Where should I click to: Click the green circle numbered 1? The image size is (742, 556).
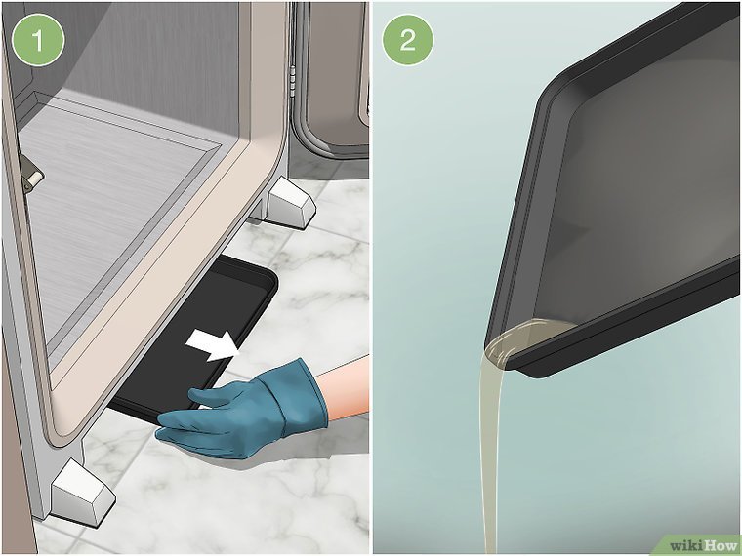[37, 40]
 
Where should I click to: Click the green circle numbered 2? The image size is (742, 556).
[408, 40]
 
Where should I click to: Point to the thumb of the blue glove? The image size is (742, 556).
[208, 396]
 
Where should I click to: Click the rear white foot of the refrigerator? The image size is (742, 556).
[290, 202]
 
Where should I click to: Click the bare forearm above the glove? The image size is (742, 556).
[343, 387]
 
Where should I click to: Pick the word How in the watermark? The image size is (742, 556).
[721, 546]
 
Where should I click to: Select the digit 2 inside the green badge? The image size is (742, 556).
[408, 40]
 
